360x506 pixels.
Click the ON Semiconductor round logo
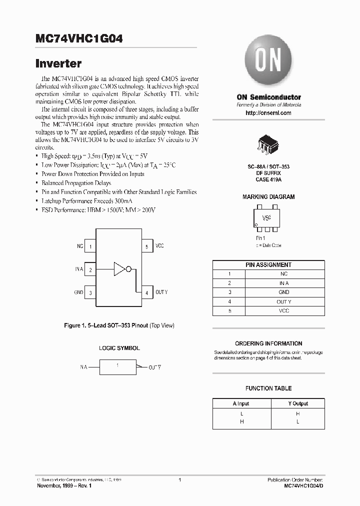click(268, 62)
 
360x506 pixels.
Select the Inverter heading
click(58, 64)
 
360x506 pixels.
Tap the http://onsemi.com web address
click(268, 113)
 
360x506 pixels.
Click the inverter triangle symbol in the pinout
click(119, 269)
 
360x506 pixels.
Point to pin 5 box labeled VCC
click(146, 246)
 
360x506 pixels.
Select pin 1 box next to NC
click(90, 246)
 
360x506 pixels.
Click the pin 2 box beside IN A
click(90, 269)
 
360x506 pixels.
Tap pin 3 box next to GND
click(90, 292)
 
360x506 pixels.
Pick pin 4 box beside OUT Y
click(146, 292)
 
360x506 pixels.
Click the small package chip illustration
click(268, 143)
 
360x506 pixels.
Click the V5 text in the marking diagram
click(266, 218)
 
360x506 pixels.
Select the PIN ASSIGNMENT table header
click(268, 264)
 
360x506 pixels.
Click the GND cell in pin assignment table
click(283, 292)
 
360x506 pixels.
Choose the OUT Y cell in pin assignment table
click(283, 301)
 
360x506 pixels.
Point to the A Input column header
click(240, 403)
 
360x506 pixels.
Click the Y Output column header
click(297, 403)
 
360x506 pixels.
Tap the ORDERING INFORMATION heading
click(268, 343)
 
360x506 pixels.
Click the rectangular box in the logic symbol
click(118, 367)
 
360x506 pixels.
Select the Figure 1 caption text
click(119, 325)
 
